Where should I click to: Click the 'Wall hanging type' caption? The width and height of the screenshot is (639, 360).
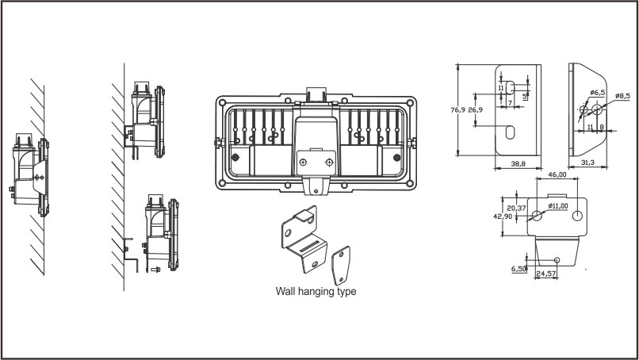click(x=315, y=292)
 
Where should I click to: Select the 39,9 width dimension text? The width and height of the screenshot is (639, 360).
click(x=518, y=164)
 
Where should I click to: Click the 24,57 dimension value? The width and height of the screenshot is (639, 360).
click(x=545, y=274)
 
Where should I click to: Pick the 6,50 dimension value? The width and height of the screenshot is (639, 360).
click(x=519, y=269)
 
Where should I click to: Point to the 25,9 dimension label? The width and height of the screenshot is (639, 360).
click(x=476, y=110)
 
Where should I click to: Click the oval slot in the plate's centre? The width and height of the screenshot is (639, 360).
click(x=511, y=131)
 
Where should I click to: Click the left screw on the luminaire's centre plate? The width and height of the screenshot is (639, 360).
click(x=304, y=161)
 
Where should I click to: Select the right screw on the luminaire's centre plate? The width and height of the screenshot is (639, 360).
click(x=331, y=161)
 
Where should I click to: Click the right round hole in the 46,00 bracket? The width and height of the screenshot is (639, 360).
click(x=577, y=216)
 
